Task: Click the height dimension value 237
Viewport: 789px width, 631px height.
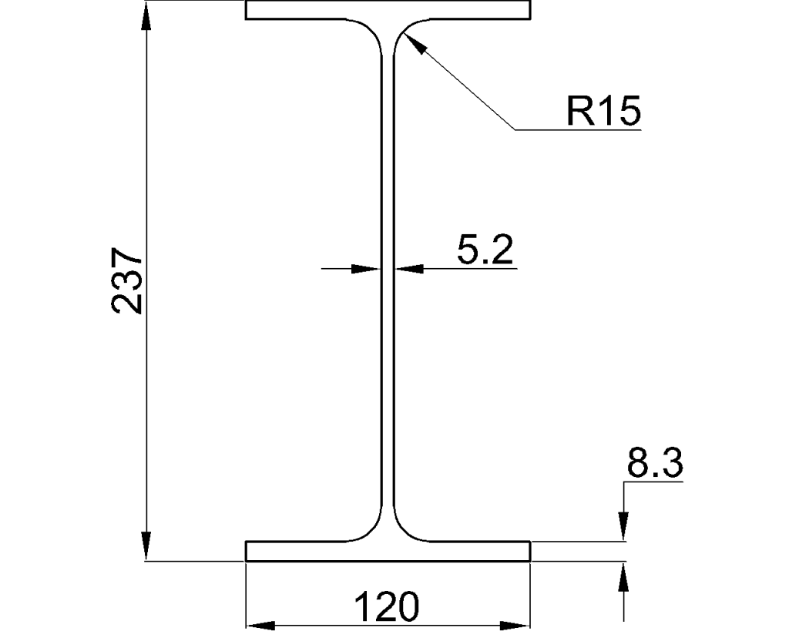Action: pos(126,280)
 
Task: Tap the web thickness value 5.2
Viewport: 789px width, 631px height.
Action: pos(484,251)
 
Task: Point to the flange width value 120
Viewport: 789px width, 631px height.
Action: pos(387,607)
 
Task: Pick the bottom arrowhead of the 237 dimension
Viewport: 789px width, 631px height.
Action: pos(146,548)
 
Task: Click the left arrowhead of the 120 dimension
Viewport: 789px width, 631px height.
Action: pos(259,624)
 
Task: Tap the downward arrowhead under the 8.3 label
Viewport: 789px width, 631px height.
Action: pos(623,529)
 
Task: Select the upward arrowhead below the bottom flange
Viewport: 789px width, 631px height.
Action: pos(623,575)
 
